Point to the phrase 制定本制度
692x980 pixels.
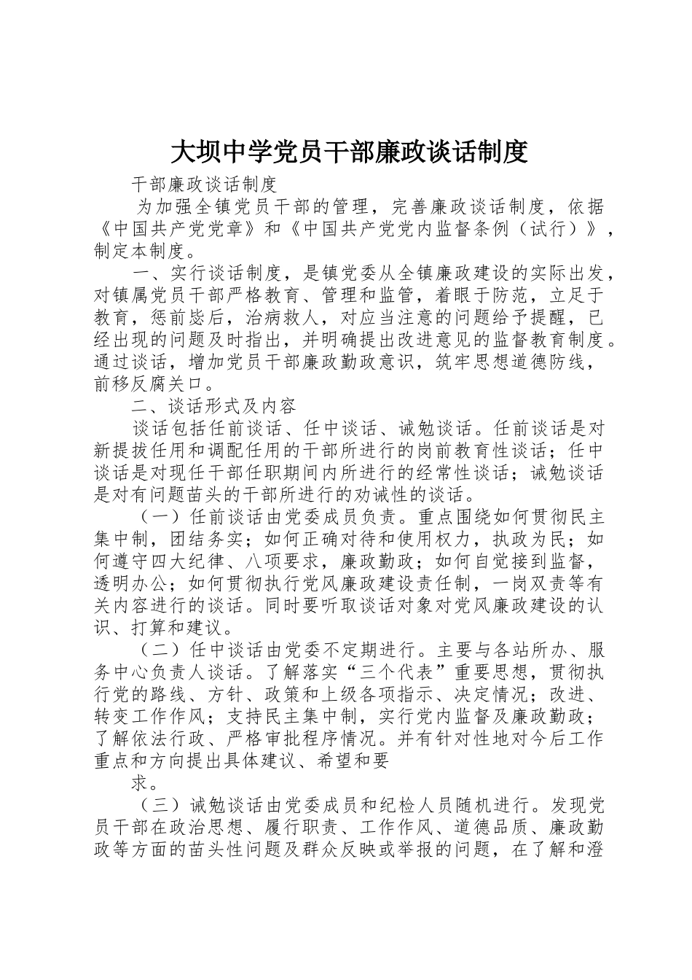139,252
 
